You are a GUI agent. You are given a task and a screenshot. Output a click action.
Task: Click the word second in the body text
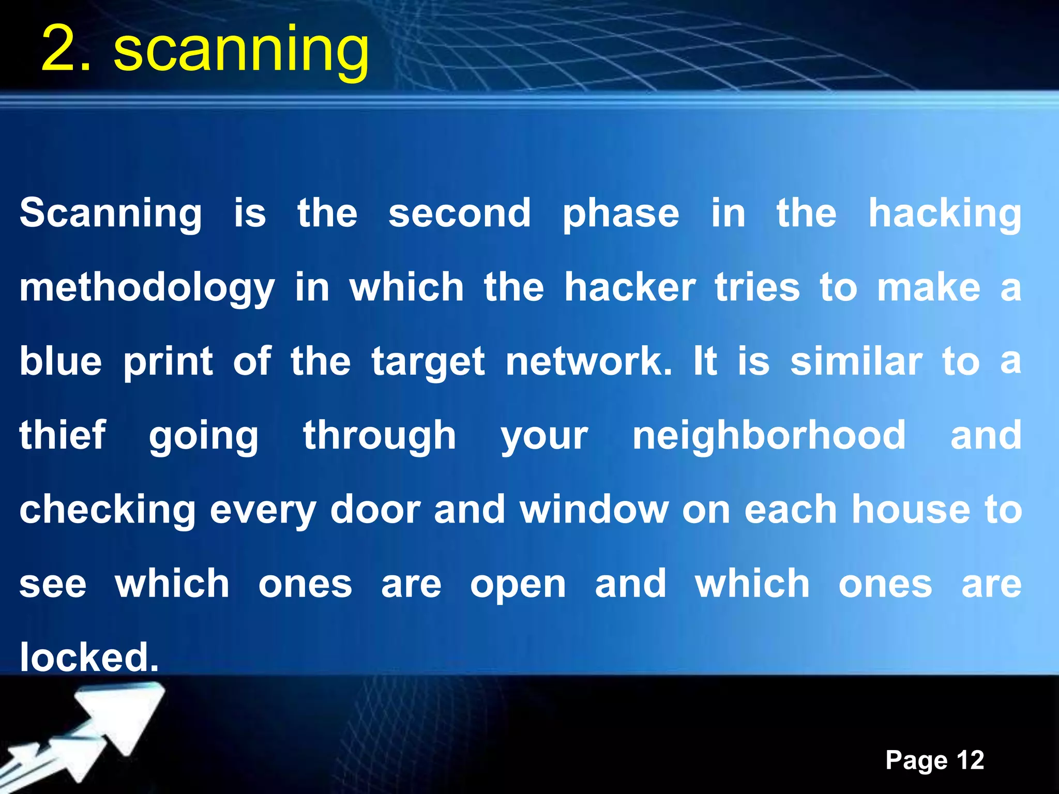pos(459,213)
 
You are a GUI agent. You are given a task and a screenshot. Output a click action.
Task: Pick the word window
pos(594,510)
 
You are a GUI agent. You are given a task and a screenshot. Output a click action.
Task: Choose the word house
pos(911,510)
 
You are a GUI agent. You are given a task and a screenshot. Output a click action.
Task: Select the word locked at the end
pos(89,658)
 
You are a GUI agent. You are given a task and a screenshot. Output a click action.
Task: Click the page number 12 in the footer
pos(970,760)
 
